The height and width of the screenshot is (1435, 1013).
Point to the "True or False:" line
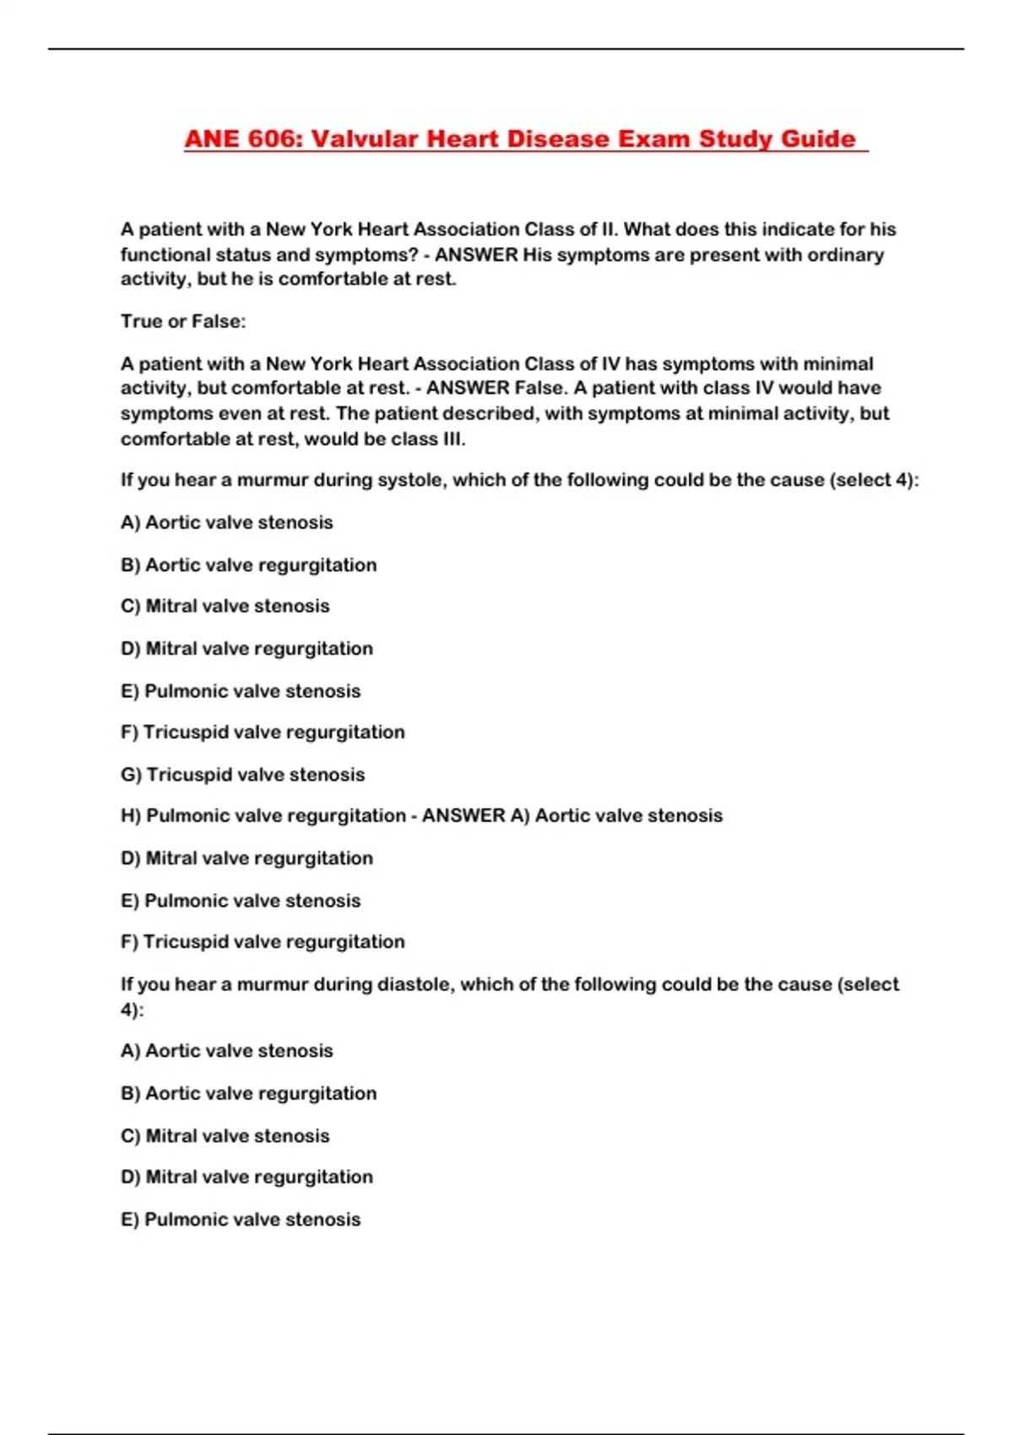point(183,322)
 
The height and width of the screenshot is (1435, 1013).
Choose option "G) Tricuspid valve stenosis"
point(243,774)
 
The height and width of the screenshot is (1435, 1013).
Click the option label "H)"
point(131,816)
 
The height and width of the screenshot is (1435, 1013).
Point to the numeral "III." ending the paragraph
point(453,439)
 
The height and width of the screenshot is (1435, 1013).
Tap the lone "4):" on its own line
point(132,1010)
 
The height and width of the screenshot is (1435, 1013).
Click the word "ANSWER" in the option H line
point(463,816)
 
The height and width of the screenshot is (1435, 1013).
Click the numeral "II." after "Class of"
point(609,230)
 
